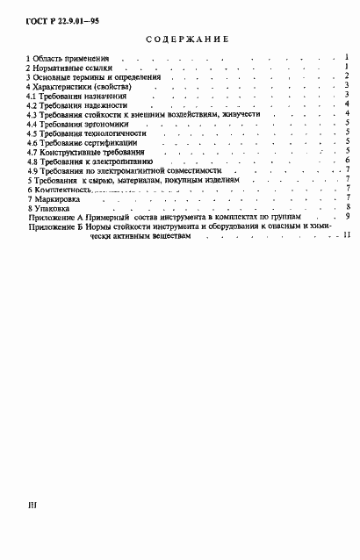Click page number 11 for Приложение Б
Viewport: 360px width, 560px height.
(x=347, y=235)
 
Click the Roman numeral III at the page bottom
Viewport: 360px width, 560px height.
(x=32, y=506)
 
